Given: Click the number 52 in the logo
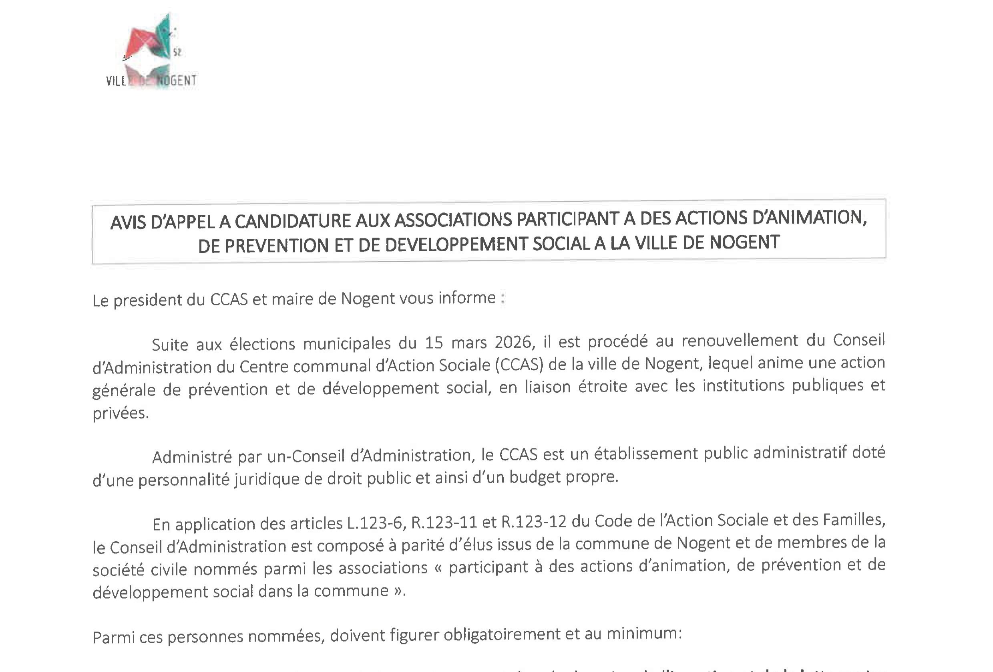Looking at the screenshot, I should coord(177,52).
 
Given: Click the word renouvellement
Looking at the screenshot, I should coord(740,340).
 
